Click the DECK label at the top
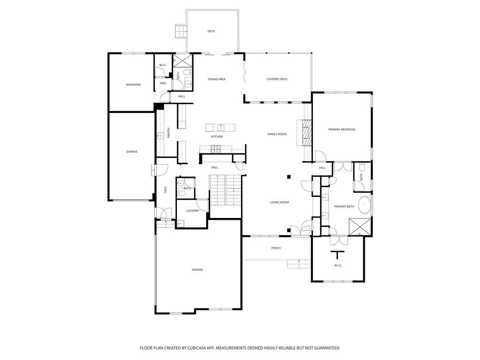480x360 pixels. pos(211,31)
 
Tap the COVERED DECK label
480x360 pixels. pos(277,79)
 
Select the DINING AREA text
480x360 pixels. pos(217,79)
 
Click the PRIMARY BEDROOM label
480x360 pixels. pos(341,129)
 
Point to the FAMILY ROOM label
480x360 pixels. pos(277,134)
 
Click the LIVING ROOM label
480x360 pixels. pos(279,202)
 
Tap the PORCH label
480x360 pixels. pos(276,248)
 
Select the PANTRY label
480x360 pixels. pos(168,133)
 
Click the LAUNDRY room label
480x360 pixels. pos(192,211)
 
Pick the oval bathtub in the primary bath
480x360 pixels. pos(364,205)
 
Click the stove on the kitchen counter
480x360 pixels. pos(216,149)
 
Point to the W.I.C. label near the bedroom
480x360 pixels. pos(163,65)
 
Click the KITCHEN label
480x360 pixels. pos(217,136)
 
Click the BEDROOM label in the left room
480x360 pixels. pos(133,85)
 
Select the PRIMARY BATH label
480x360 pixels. pos(344,207)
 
